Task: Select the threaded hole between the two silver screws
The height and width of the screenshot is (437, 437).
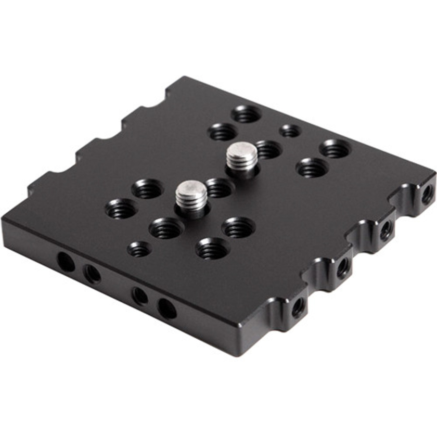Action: (219, 188)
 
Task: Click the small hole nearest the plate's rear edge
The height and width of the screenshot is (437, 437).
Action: (290, 131)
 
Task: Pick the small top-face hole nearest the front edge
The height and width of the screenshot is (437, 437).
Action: (139, 249)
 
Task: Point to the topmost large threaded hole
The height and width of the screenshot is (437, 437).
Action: (246, 114)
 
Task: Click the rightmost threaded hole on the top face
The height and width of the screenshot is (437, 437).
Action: (335, 149)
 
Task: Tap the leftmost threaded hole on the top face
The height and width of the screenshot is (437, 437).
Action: (121, 209)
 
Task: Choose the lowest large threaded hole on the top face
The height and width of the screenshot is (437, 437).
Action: (212, 249)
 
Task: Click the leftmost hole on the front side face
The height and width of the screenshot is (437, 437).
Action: (66, 262)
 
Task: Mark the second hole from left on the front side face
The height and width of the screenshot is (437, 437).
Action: (93, 273)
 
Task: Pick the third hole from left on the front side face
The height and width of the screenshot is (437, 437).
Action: (139, 296)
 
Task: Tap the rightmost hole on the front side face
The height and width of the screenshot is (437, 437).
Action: (166, 309)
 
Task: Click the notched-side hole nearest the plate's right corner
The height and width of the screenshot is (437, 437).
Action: (427, 195)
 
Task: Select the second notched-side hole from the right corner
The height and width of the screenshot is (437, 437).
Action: (386, 229)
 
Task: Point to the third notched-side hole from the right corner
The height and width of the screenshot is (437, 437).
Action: (343, 268)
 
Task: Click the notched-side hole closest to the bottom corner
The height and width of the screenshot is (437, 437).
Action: (298, 307)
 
